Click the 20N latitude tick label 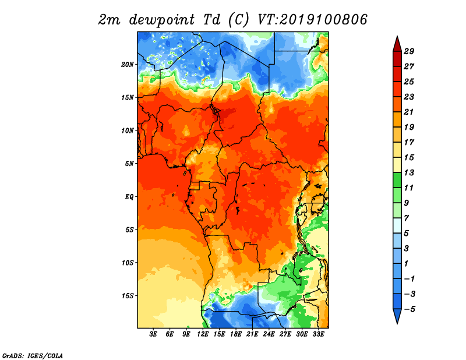point(128,65)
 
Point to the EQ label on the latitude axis point(129,197)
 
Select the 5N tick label point(129,164)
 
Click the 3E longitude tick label point(153,334)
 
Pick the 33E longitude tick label point(318,334)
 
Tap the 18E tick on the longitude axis point(236,334)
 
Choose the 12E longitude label point(203,334)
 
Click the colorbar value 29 point(409,51)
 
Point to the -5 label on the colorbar point(409,309)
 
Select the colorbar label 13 point(409,172)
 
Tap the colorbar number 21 point(409,112)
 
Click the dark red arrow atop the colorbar point(397,44)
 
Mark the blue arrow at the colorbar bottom point(397,316)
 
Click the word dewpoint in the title point(161,20)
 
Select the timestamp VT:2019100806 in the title point(312,20)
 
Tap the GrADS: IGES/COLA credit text point(33,356)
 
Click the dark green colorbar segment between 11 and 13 point(397,180)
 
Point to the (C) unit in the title point(239,20)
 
